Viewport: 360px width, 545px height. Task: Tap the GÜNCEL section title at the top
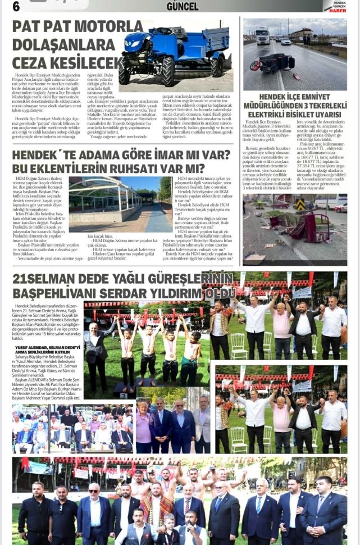(x=183, y=6)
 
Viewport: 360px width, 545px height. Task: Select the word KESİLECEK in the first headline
(x=85, y=62)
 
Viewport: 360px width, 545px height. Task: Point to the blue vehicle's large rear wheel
(x=166, y=71)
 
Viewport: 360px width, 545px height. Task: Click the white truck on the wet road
(x=262, y=35)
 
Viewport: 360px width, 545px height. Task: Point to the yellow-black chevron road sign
(x=300, y=205)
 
